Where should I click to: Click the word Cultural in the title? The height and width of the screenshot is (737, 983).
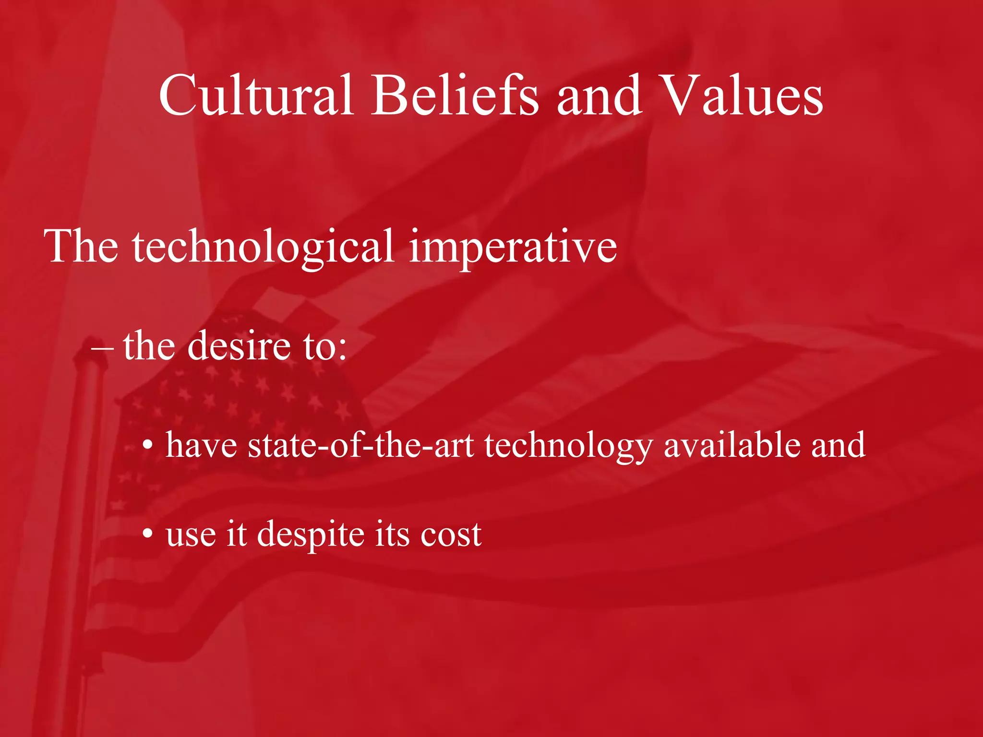(256, 95)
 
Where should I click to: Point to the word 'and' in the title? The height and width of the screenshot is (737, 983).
(599, 95)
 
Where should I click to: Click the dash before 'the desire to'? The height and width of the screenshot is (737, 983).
(102, 347)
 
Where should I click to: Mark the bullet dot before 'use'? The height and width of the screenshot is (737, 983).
(148, 534)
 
